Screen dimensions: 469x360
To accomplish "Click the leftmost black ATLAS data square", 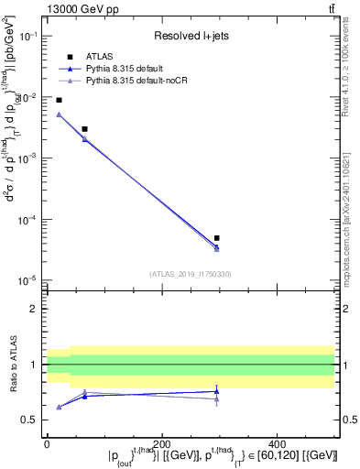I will click(59, 100).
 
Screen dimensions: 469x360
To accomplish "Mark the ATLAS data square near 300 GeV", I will click(216, 238).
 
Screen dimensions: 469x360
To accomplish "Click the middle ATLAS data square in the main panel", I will click(84, 129).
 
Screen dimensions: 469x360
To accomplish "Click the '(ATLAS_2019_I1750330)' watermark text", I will click(190, 273).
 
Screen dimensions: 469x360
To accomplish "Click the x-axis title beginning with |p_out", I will click(223, 456).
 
